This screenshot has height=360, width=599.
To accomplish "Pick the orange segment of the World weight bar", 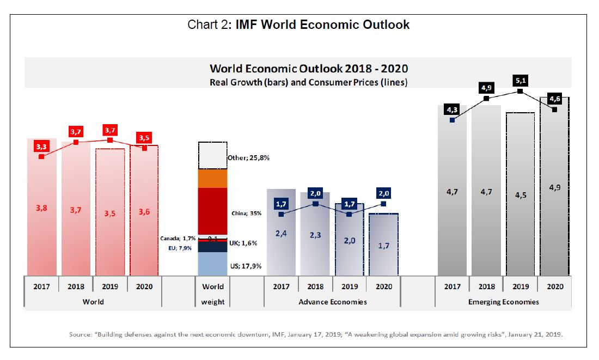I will click(x=212, y=178).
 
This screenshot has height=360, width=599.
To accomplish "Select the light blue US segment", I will click(x=212, y=264).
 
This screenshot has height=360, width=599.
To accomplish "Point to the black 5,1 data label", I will click(x=521, y=81).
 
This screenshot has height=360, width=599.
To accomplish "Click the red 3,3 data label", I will click(x=41, y=147).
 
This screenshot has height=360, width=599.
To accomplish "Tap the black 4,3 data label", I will click(x=452, y=110).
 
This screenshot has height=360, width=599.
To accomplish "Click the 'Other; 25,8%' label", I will click(x=248, y=157).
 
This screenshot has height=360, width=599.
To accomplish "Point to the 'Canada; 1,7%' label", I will click(x=178, y=239).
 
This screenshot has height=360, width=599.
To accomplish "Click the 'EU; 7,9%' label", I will click(x=182, y=248).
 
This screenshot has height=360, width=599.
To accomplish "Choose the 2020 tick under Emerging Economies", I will click(x=554, y=286).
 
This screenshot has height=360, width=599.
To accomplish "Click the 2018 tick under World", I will click(x=76, y=286).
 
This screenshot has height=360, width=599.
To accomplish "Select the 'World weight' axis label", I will click(x=212, y=294).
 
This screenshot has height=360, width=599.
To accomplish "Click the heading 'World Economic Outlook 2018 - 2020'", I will click(x=309, y=69).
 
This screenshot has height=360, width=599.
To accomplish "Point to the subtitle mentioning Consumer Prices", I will click(x=309, y=82).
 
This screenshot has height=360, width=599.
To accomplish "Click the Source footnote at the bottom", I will click(x=316, y=334).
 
